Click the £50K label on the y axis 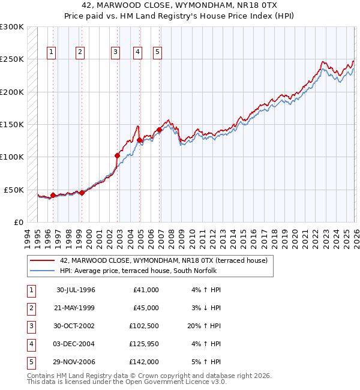14,190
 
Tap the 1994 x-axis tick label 28,237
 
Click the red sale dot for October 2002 118,155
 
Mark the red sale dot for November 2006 160,130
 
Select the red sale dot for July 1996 53,195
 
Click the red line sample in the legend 43,260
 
